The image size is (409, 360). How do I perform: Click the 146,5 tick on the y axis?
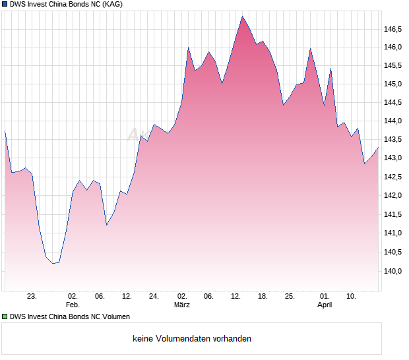point(393,29)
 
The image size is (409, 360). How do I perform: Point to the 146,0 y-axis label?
point(393,47)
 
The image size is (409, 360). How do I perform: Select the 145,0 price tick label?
point(393,84)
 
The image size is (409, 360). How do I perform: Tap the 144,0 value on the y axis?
point(393,121)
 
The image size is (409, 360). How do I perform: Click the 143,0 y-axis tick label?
point(393,158)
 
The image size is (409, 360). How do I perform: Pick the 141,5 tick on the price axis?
point(393,214)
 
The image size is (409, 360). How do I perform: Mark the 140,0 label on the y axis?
point(393,270)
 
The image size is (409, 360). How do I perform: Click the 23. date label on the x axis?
point(32,296)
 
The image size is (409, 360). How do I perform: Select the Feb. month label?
point(73,305)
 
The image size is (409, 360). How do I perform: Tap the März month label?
point(182,305)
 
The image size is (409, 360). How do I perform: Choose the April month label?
point(325,305)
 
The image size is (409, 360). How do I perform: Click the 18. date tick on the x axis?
point(263,296)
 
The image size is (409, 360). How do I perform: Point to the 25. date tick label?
point(289,296)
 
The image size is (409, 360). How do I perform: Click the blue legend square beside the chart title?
point(5,5)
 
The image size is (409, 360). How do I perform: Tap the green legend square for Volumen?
point(5,316)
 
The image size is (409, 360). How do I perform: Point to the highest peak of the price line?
point(242,16)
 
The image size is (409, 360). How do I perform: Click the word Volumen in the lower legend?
point(115,316)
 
